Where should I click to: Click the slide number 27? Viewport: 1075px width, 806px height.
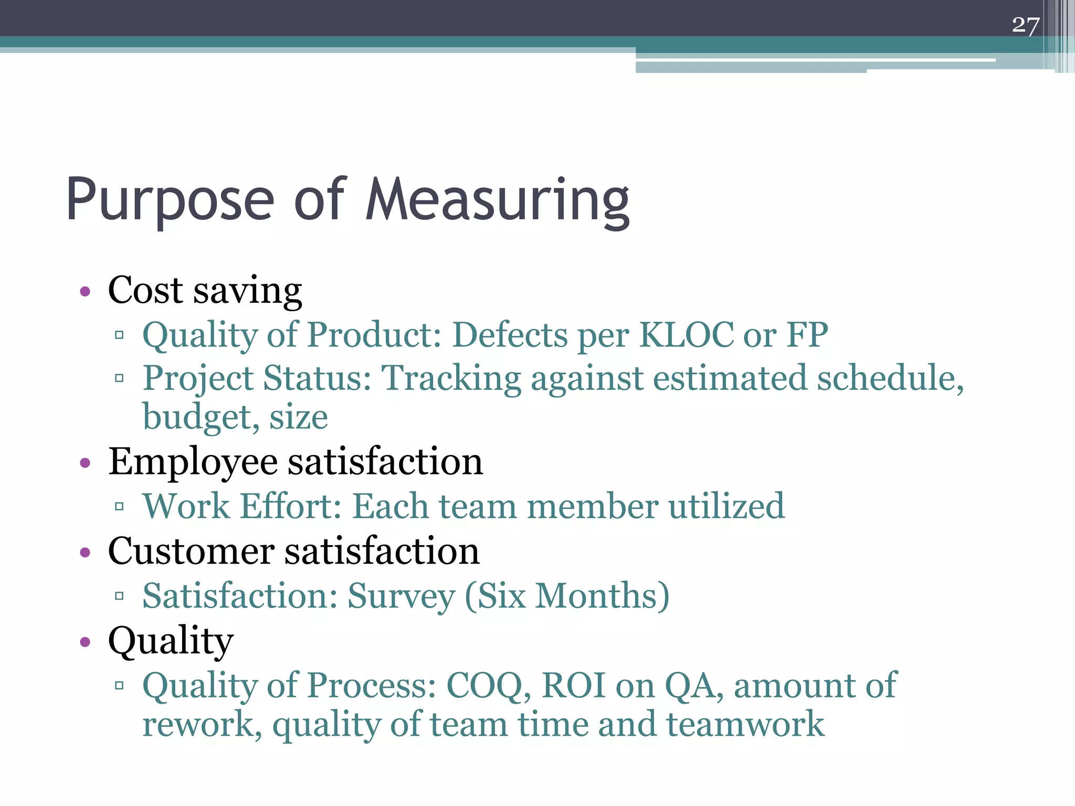[x=1025, y=25]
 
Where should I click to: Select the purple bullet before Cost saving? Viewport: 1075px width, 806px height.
[x=85, y=291]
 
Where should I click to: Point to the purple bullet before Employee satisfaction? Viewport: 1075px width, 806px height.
[x=85, y=463]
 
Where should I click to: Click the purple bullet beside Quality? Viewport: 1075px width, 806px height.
[x=85, y=642]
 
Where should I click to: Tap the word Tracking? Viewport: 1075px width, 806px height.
[x=451, y=379]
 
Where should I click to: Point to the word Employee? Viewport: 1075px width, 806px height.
[x=193, y=463]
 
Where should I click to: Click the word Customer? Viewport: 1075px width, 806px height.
[x=191, y=552]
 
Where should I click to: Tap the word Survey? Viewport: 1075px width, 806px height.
[x=402, y=597]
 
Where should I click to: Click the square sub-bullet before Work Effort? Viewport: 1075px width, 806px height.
[x=119, y=506]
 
